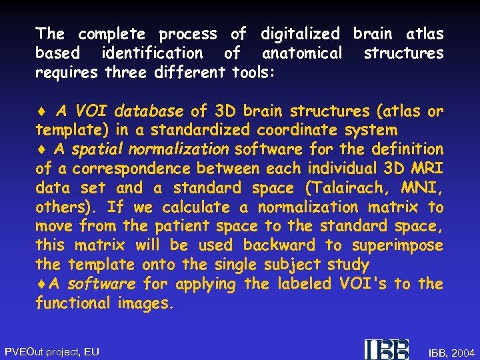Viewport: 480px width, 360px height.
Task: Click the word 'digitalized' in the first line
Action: point(300,33)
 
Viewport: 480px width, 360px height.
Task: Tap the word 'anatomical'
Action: point(301,53)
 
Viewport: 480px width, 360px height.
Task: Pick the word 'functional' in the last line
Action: point(73,303)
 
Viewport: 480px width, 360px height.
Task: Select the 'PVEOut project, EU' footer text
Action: point(52,351)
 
